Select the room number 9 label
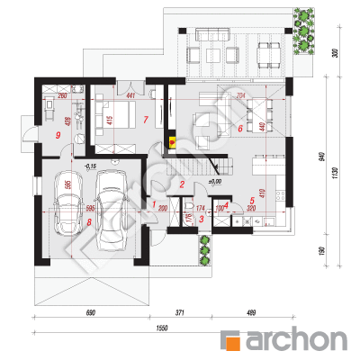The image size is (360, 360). [57, 135]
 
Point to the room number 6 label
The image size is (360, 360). [240, 129]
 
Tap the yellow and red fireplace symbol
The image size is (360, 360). [172, 140]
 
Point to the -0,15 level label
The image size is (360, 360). [90, 166]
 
